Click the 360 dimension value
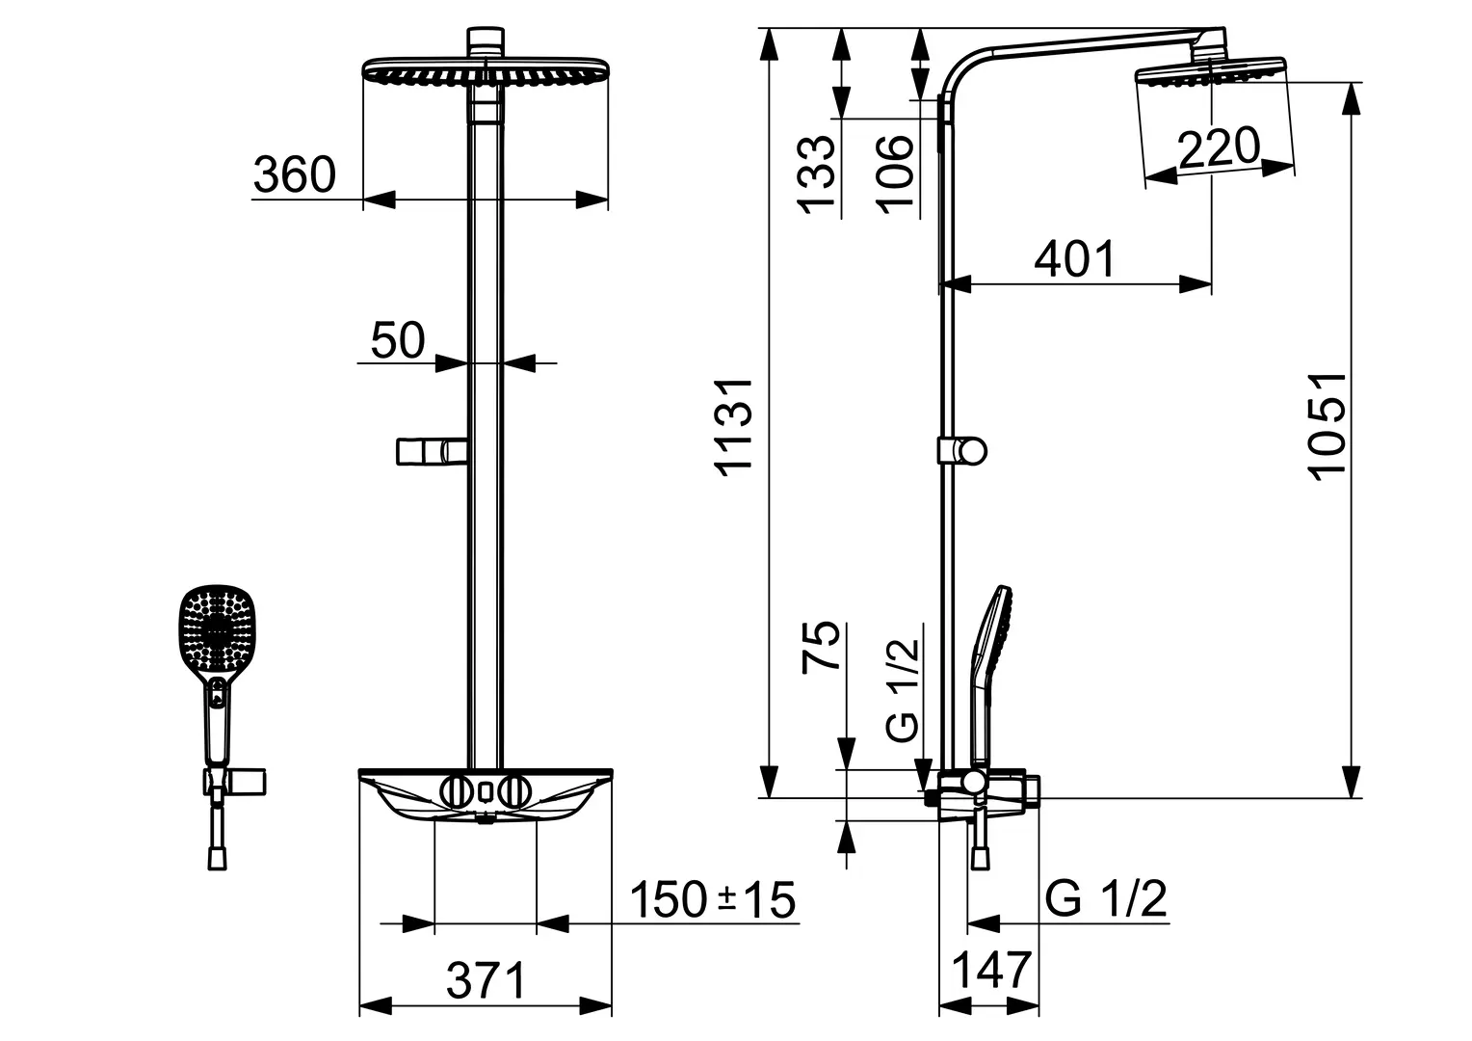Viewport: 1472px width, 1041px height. pyautogui.click(x=295, y=174)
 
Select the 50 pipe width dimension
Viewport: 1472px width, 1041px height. pyautogui.click(x=398, y=340)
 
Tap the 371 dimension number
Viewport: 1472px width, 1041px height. pyautogui.click(x=486, y=980)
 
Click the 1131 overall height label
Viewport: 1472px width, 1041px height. pyautogui.click(x=733, y=427)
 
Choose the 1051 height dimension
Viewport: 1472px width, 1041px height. pyautogui.click(x=1327, y=427)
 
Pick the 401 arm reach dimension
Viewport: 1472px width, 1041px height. pyautogui.click(x=1074, y=259)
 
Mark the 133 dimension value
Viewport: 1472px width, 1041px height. pyautogui.click(x=816, y=174)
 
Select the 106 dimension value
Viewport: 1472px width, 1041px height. pyautogui.click(x=895, y=174)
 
